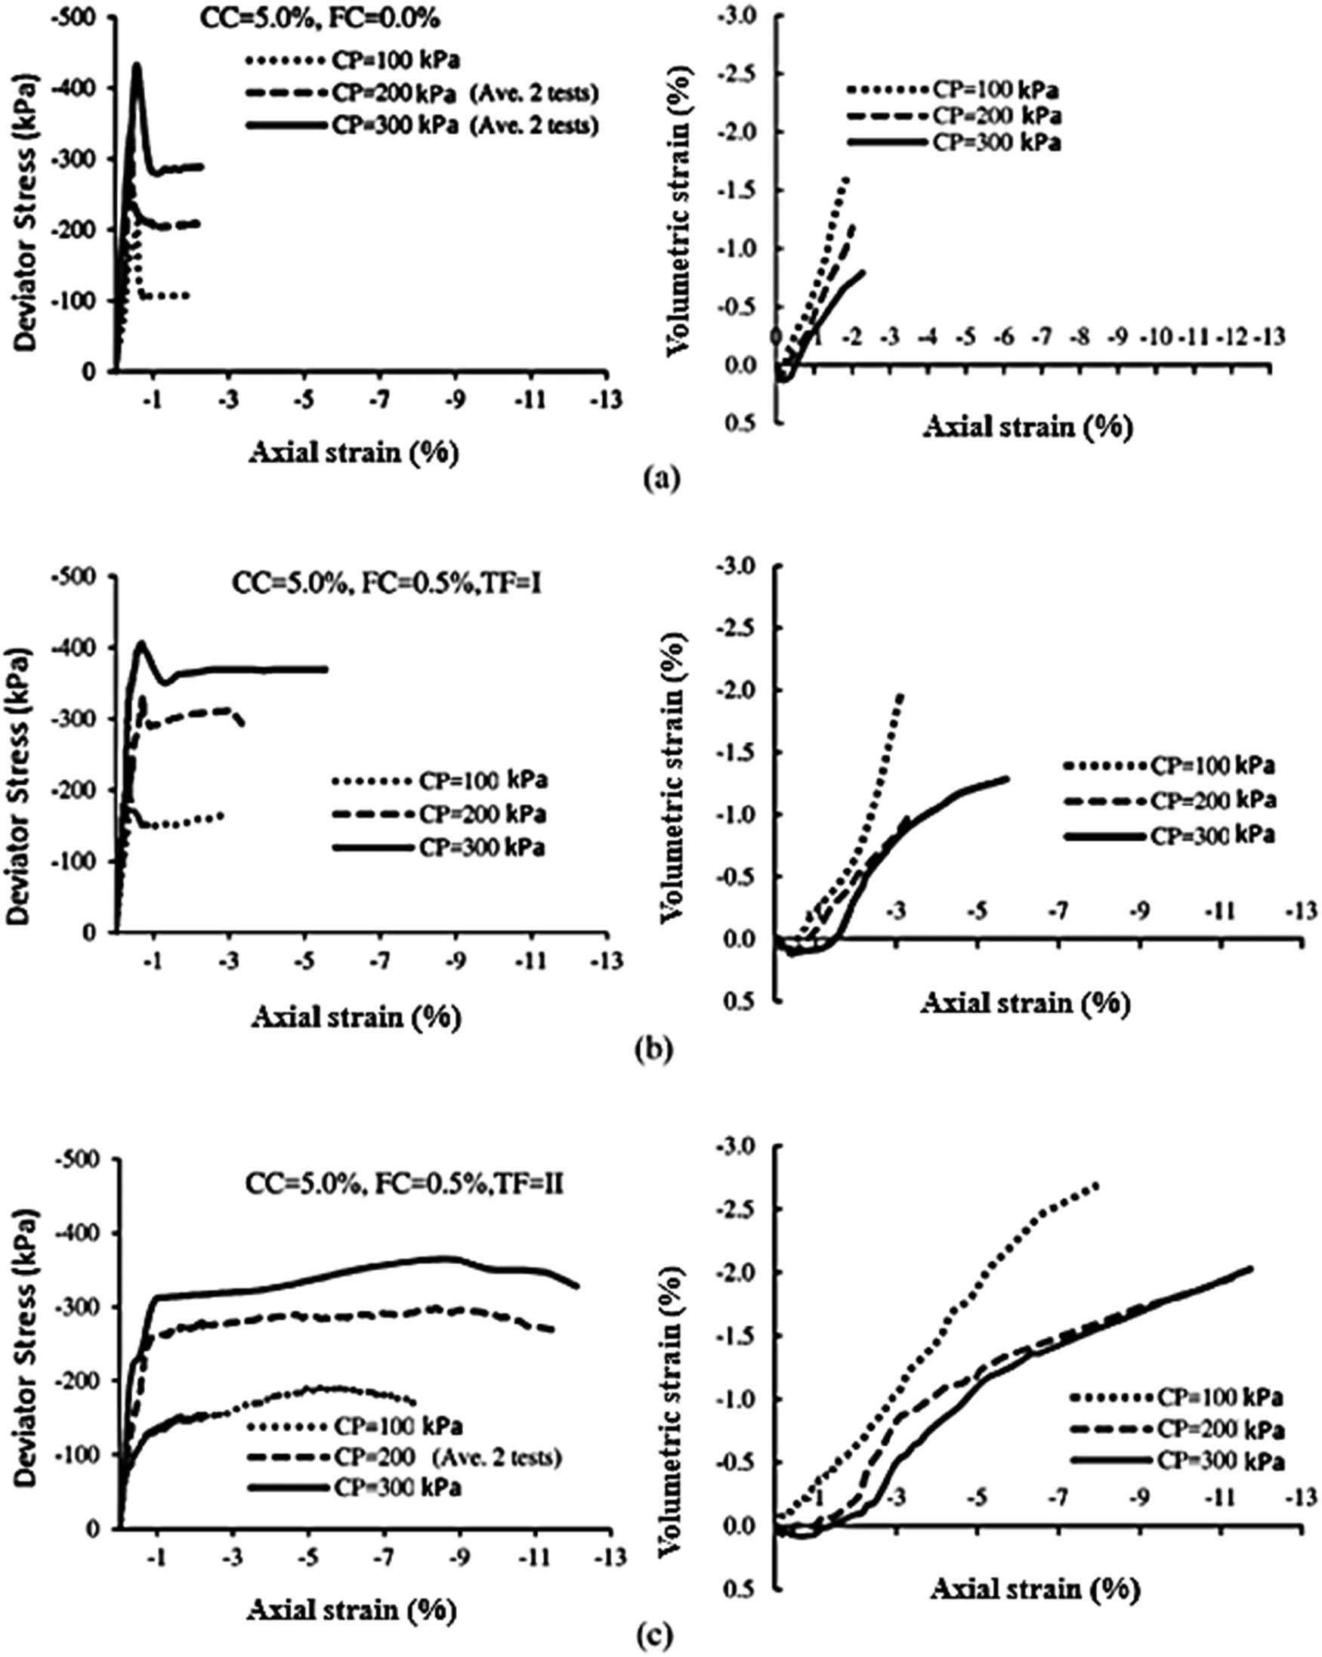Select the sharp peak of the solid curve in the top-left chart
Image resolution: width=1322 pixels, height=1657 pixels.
[x=136, y=66]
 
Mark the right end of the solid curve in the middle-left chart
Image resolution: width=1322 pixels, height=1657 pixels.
[x=326, y=669]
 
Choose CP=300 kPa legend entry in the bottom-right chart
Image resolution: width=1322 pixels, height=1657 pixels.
[x=1221, y=1461]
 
